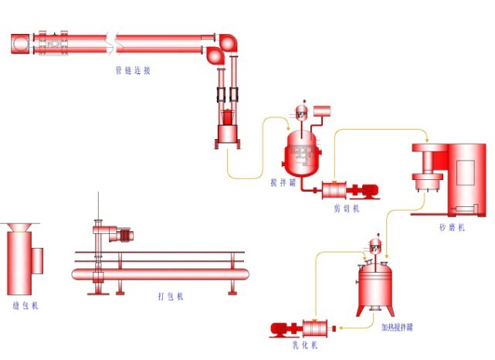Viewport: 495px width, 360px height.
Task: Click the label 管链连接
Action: (x=133, y=70)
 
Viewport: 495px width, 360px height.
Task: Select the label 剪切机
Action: (x=347, y=208)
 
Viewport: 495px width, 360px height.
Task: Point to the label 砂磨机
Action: (x=451, y=228)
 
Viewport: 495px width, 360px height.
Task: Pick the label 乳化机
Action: (x=305, y=345)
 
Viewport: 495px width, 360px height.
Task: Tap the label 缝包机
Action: (x=25, y=305)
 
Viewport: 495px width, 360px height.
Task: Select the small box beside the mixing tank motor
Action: (x=322, y=112)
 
